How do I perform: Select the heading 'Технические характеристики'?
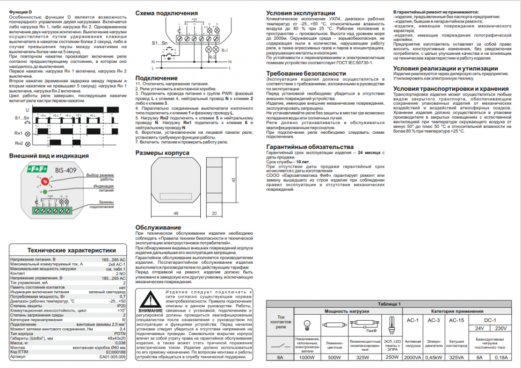click(x=72, y=250)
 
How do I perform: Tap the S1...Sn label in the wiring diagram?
click(x=158, y=42)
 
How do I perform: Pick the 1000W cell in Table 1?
click(x=307, y=357)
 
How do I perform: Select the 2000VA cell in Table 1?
click(x=413, y=357)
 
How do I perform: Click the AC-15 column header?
click(x=455, y=321)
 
